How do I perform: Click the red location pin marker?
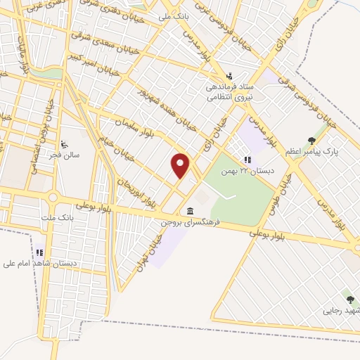coord(181,165)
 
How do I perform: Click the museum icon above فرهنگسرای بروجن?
coord(191,211)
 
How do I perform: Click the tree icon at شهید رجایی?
coord(350,300)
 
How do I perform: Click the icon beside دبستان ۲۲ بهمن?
coord(247,160)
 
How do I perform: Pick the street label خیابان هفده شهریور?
coord(166,109)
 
